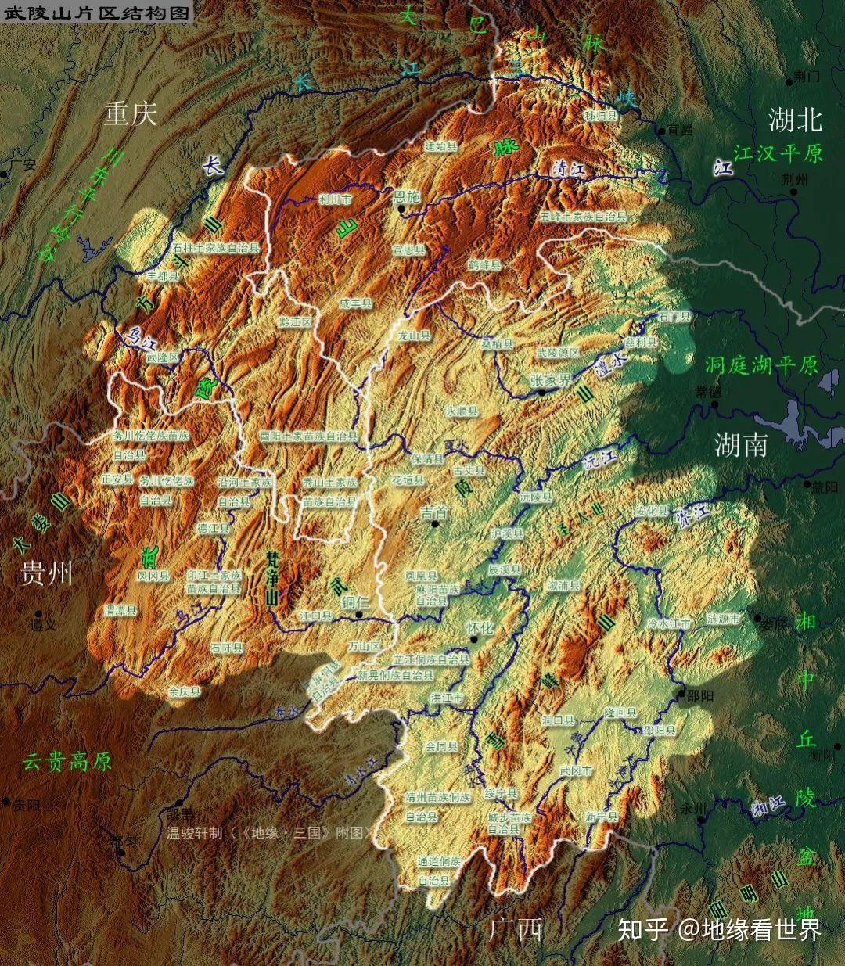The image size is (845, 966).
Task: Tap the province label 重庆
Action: click(131, 114)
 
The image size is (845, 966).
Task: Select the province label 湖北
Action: click(794, 120)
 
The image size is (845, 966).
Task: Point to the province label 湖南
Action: click(741, 443)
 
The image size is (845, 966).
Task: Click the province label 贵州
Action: click(46, 573)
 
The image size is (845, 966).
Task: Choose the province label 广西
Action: click(516, 930)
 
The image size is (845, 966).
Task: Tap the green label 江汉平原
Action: click(778, 153)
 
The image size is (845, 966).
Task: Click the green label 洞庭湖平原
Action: click(760, 364)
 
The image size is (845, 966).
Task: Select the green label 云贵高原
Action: click(67, 761)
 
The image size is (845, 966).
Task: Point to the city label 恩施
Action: click(406, 197)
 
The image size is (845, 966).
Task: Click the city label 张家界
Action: click(551, 379)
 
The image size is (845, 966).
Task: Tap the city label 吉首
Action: click(434, 512)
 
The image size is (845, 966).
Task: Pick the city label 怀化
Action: click(480, 627)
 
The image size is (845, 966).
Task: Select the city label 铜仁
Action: click(356, 602)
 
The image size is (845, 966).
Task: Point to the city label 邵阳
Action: click(699, 695)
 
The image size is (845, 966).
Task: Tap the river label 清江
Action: click(569, 168)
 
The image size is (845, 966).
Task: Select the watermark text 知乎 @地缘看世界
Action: click(719, 930)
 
